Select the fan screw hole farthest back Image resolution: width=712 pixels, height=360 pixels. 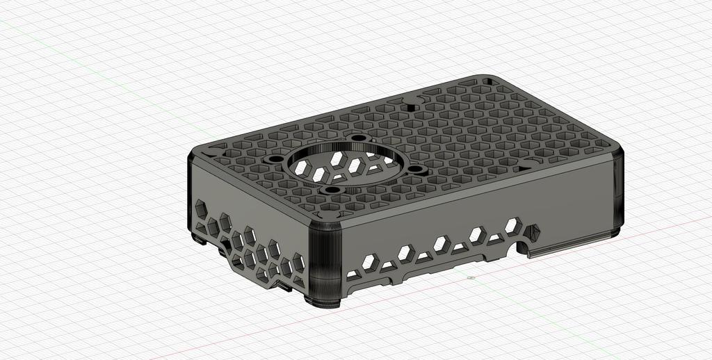click(x=359, y=138)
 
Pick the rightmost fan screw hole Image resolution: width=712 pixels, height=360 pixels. click(x=416, y=169)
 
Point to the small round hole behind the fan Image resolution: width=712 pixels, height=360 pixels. click(x=410, y=107)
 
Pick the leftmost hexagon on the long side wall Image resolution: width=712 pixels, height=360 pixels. click(x=370, y=262)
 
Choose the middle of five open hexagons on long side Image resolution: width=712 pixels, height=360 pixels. click(x=441, y=243)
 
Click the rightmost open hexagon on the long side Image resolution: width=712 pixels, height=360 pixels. click(x=513, y=224)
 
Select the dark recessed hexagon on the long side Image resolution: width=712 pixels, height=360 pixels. click(x=534, y=231)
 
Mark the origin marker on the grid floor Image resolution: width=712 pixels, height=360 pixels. click(x=471, y=278)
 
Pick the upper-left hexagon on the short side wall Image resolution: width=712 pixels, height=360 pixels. click(x=201, y=208)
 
